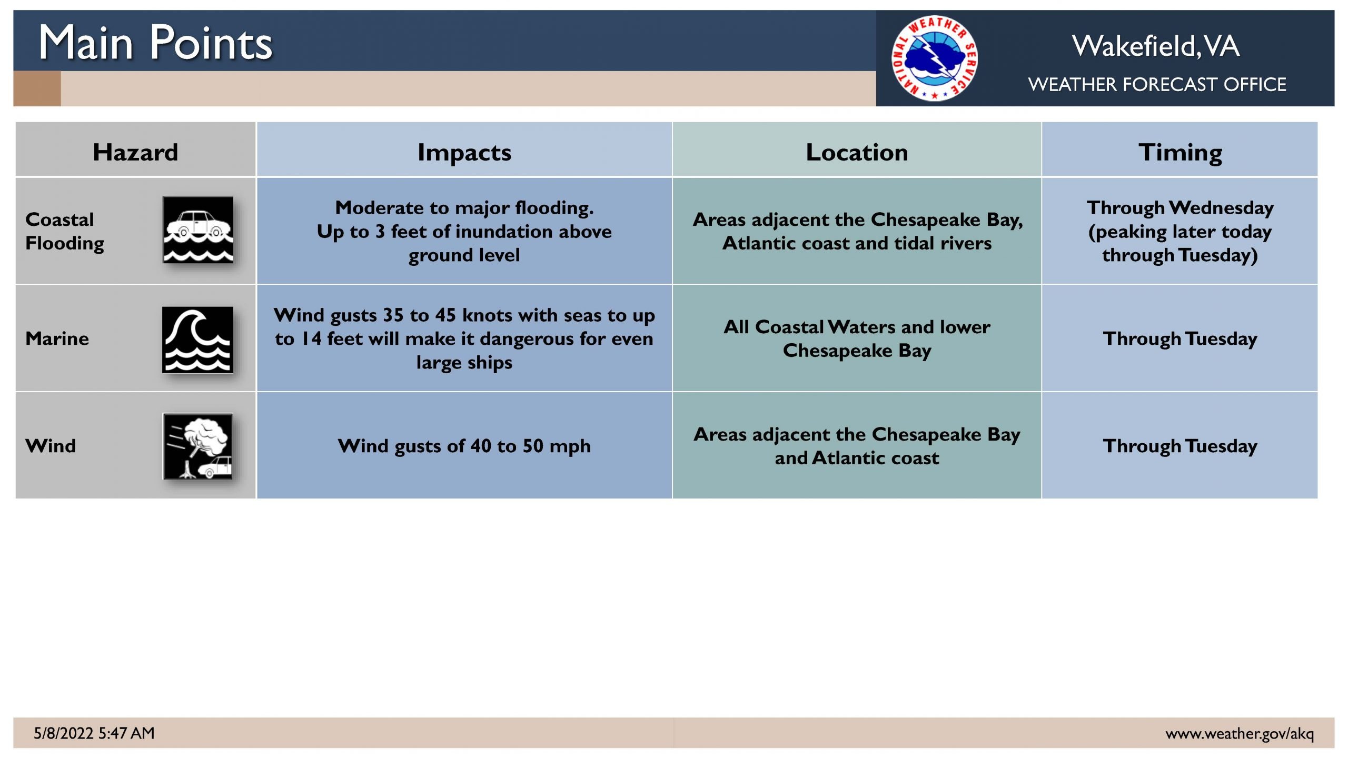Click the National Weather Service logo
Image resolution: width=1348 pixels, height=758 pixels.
coord(935,58)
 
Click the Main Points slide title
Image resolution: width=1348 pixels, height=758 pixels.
coord(155,43)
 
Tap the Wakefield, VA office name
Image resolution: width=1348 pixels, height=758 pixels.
coord(1156,46)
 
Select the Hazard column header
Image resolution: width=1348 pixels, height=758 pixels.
coord(135,152)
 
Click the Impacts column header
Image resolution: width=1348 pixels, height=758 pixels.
coord(464,153)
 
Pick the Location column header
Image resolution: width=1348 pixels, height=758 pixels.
coord(857,152)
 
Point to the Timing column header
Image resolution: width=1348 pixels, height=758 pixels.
coord(1180,153)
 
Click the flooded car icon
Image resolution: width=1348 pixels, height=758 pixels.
coord(198,230)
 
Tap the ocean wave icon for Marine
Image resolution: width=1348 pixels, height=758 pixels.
coord(197,340)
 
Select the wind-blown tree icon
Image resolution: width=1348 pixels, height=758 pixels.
coord(198,446)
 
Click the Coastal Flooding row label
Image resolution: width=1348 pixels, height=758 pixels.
coord(65,231)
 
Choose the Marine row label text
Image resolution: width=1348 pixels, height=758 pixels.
coord(57,338)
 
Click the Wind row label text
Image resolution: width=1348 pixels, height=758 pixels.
coord(51,446)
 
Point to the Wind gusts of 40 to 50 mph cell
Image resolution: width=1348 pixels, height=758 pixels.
coord(464,446)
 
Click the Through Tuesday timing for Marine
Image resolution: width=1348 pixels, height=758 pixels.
coord(1180,338)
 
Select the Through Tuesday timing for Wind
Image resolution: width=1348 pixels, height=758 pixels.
coord(1180,446)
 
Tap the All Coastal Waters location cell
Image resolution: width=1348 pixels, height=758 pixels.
coord(857,338)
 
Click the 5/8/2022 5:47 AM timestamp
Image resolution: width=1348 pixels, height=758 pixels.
coord(94,733)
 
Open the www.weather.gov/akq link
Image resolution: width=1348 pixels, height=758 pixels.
coord(1240,733)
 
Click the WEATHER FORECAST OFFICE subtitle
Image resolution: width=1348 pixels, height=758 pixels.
coord(1157,84)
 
